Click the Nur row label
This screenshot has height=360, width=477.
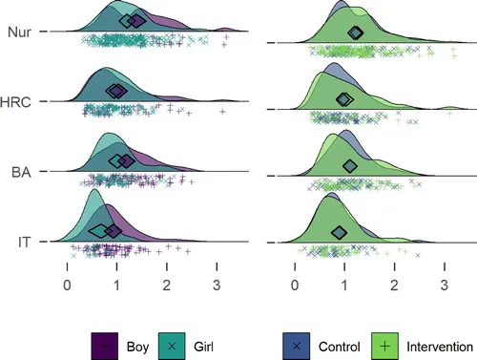19,32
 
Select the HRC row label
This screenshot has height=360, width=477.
15,102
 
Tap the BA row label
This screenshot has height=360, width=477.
21,172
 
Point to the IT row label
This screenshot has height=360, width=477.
25,243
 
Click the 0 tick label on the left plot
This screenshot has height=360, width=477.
67,286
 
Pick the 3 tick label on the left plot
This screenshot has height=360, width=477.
217,286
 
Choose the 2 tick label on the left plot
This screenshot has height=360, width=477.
167,286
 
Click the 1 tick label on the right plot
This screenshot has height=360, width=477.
344,286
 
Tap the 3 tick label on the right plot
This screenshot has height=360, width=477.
445,286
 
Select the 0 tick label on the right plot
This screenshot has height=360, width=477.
295,286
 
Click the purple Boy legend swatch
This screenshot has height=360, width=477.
105,347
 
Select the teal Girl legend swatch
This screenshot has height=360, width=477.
172,347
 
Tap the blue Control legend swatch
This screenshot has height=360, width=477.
296,347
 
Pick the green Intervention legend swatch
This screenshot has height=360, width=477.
384,347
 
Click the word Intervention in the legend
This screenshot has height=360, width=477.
440,347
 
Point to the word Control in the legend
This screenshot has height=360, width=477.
340,347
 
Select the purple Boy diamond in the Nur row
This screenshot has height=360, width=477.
137,21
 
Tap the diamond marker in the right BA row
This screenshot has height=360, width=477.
350,166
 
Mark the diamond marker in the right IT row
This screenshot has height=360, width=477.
339,233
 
